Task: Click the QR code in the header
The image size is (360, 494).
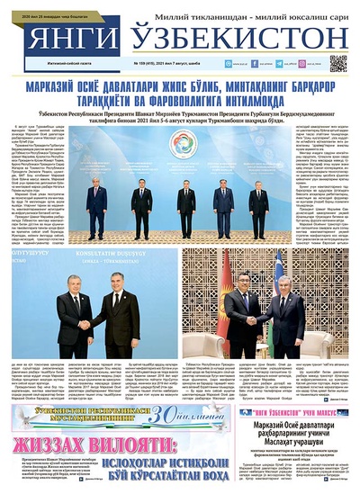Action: (x=337, y=62)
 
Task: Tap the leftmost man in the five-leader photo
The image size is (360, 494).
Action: (x=96, y=202)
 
